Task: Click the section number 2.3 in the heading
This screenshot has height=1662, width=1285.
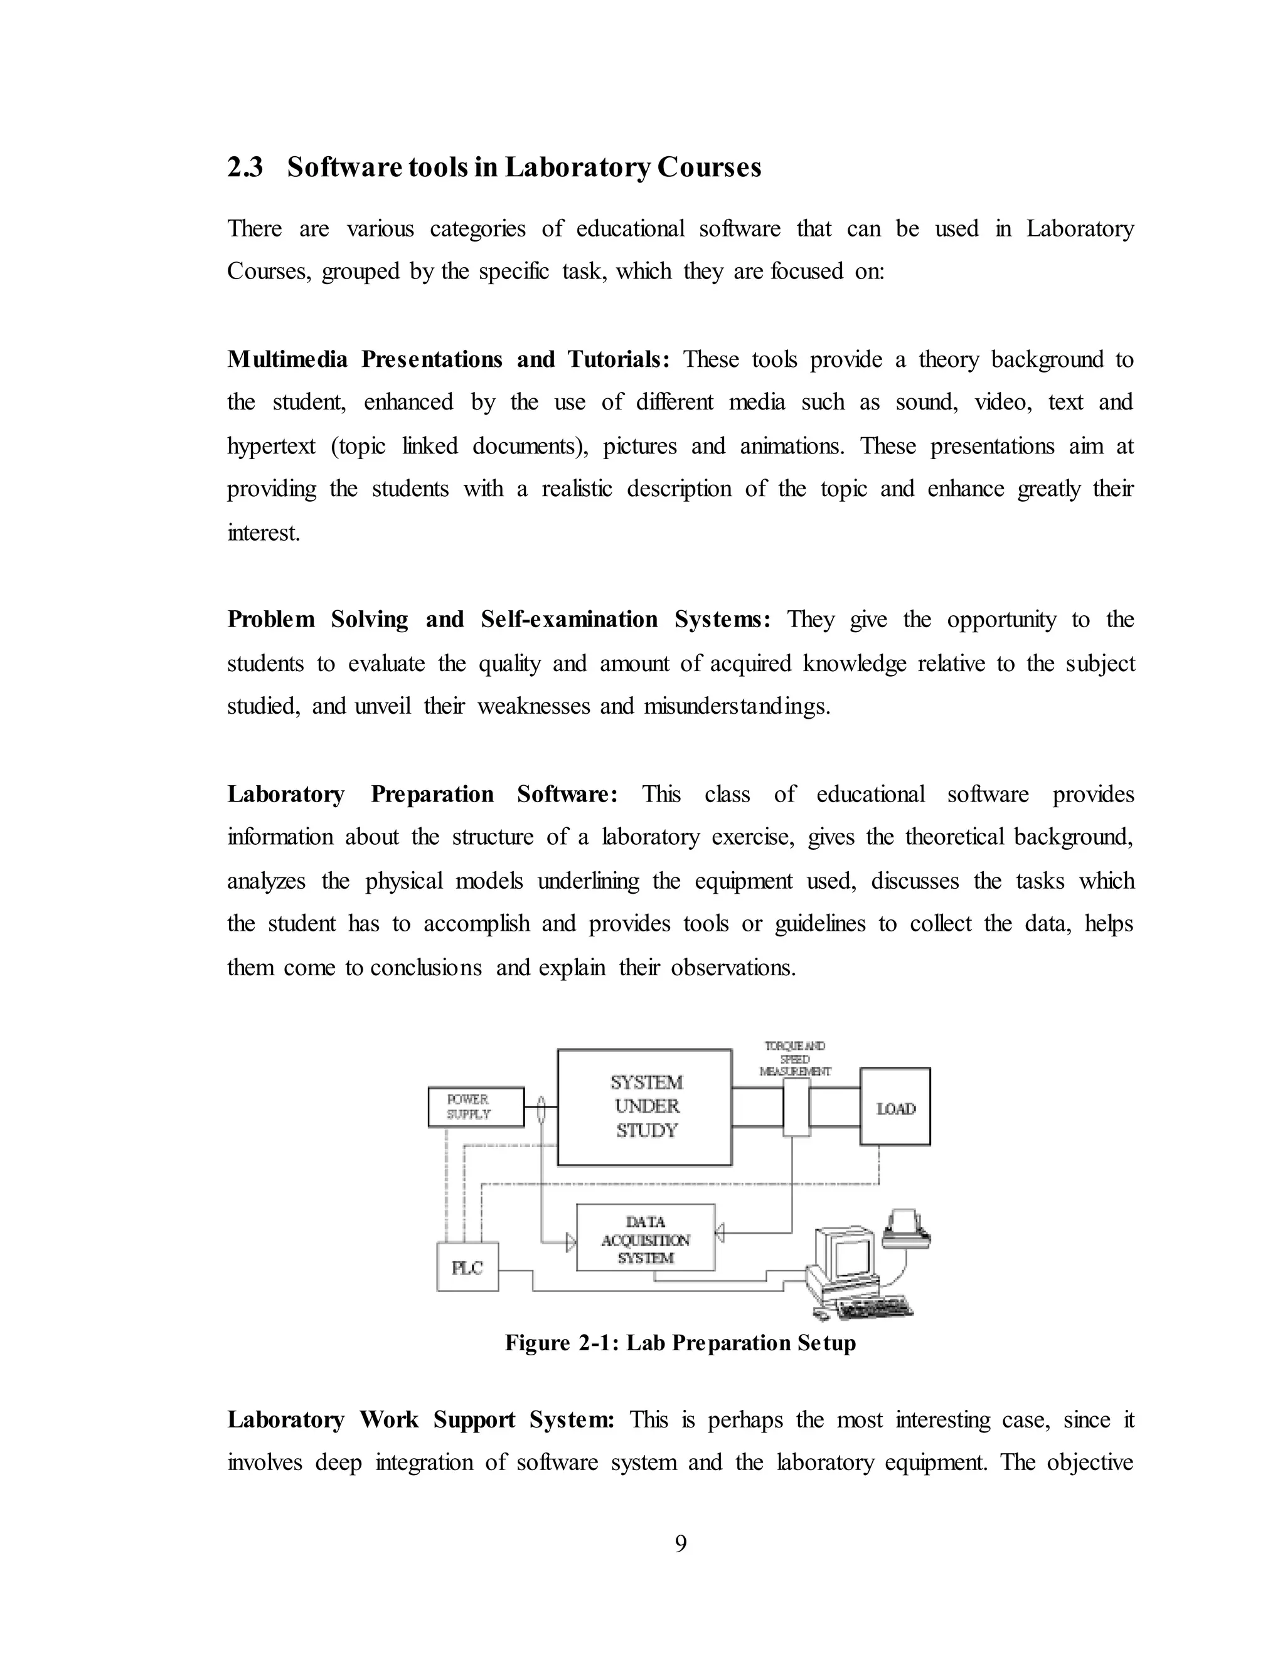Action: point(245,167)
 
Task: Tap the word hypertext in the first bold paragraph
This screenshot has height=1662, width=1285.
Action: point(271,446)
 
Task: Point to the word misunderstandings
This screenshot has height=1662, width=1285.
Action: point(736,706)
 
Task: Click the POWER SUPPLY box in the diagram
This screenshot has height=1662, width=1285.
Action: point(476,1106)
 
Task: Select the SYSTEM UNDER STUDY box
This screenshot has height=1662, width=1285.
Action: point(645,1106)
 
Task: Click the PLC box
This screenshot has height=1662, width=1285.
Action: point(467,1267)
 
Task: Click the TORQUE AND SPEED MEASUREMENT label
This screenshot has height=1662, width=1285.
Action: point(796,1059)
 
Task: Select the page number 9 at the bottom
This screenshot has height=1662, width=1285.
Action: point(681,1544)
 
